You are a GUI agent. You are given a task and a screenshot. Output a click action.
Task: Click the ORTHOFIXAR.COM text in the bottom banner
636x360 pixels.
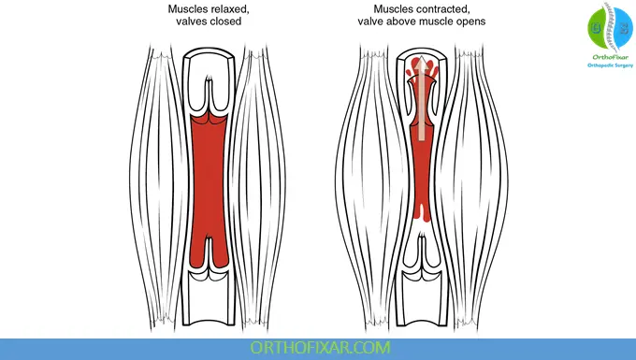[317, 348]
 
